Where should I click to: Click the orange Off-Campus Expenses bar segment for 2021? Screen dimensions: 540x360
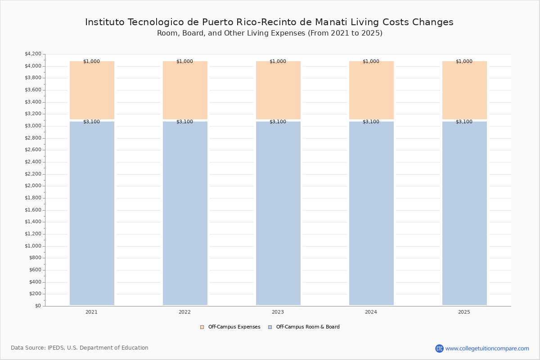click(x=92, y=90)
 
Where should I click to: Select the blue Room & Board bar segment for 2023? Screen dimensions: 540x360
click(x=278, y=213)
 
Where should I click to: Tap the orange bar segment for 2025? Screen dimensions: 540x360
click(x=464, y=90)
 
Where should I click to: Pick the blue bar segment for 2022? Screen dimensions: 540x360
click(x=185, y=213)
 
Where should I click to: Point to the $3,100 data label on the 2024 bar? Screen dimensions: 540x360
click(x=371, y=122)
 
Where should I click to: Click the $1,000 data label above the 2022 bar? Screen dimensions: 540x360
click(x=184, y=62)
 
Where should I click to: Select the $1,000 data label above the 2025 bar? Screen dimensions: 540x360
click(x=464, y=62)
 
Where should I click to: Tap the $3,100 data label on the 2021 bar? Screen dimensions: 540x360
click(x=92, y=122)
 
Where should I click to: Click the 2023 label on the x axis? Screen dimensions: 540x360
click(x=278, y=312)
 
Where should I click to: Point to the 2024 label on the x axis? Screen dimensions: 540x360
click(x=371, y=312)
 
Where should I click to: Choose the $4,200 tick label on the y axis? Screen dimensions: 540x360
click(x=33, y=54)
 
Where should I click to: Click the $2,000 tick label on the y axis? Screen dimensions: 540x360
click(x=33, y=186)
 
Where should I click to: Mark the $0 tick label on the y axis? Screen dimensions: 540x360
click(x=38, y=306)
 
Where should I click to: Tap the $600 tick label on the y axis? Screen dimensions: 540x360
click(x=35, y=270)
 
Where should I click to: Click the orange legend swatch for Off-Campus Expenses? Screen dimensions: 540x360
click(x=202, y=327)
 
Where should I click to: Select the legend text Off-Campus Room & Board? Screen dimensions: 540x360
click(x=308, y=327)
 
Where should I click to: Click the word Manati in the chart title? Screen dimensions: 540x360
click(x=331, y=22)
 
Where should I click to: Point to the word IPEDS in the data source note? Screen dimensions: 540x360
click(x=56, y=348)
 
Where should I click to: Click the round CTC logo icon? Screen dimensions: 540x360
click(x=439, y=348)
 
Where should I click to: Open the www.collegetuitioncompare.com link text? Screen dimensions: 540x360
click(x=487, y=349)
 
